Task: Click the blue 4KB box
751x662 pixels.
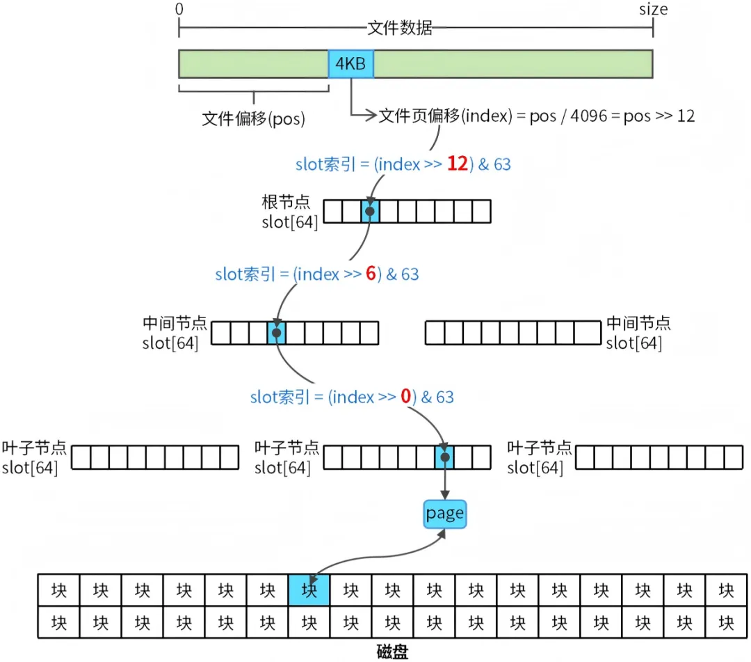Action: [351, 64]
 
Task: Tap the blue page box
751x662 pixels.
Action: [444, 514]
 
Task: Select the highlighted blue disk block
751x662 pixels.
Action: [309, 590]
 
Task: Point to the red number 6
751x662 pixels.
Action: [371, 274]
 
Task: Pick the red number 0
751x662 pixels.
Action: [405, 397]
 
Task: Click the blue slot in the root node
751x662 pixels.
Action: [370, 211]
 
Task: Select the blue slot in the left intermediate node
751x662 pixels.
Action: [277, 333]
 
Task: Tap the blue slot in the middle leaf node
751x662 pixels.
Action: [444, 457]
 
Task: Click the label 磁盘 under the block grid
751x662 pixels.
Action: [392, 652]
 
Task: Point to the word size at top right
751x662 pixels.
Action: [653, 9]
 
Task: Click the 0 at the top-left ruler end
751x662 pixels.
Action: [180, 10]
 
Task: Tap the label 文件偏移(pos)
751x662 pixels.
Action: [253, 119]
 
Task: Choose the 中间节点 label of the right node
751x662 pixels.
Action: [638, 323]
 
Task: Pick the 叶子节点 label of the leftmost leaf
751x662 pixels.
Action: [34, 448]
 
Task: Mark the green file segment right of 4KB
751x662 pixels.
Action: [513, 64]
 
